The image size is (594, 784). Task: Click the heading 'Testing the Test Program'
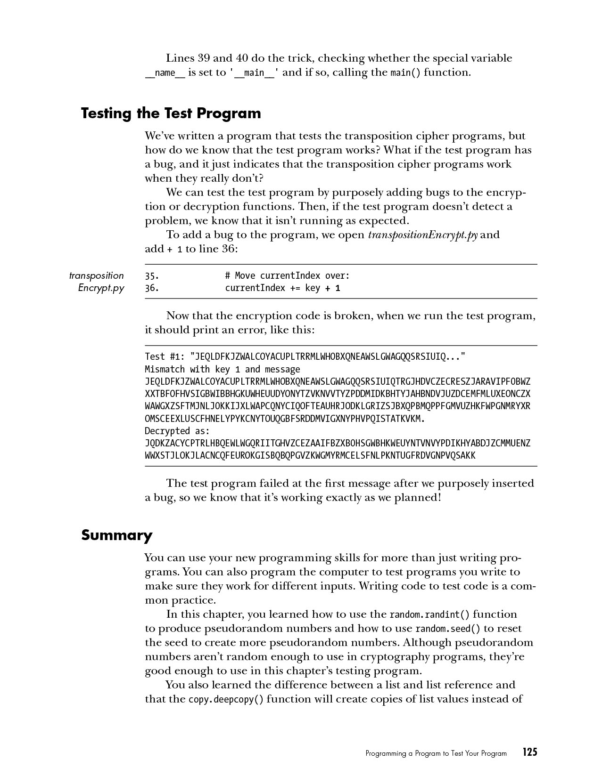click(171, 113)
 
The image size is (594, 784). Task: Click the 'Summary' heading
click(116, 535)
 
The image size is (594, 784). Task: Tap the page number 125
click(529, 752)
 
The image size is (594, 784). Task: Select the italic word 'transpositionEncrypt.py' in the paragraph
click(422, 234)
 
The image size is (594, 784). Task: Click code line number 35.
click(151, 275)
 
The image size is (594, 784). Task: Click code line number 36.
click(151, 288)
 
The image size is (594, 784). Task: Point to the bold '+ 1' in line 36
click(332, 288)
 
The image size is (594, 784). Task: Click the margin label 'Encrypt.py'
click(101, 288)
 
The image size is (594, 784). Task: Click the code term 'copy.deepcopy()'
click(226, 699)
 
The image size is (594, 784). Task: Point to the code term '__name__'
click(165, 73)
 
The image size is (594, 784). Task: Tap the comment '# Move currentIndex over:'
click(287, 275)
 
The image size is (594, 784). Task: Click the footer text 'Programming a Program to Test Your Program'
click(436, 753)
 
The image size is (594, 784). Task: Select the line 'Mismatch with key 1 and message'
click(222, 369)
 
